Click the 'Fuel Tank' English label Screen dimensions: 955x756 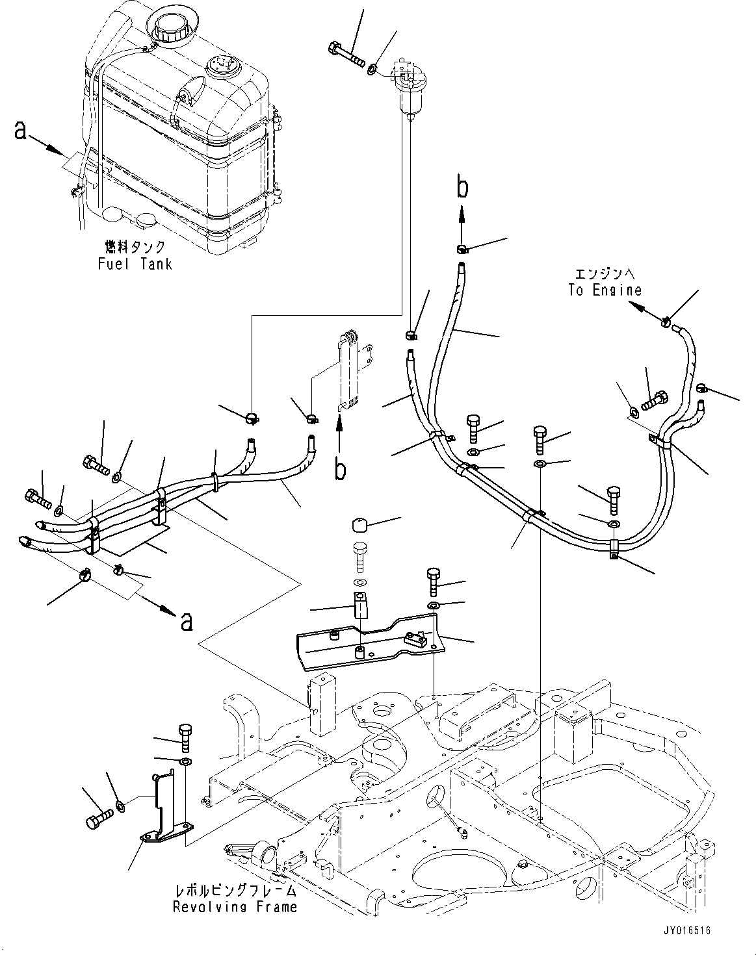click(135, 264)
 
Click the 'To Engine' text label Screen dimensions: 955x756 click(605, 290)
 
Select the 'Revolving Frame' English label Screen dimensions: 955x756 click(235, 906)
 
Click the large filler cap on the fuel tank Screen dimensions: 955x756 click(166, 26)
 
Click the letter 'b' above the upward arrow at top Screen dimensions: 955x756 click(462, 187)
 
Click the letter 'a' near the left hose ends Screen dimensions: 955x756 click(187, 620)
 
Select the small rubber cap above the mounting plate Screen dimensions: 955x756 click(360, 525)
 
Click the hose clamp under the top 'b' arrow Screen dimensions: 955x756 click(462, 248)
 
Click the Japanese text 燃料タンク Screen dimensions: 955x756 click(135, 247)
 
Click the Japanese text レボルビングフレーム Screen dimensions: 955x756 click(235, 890)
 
